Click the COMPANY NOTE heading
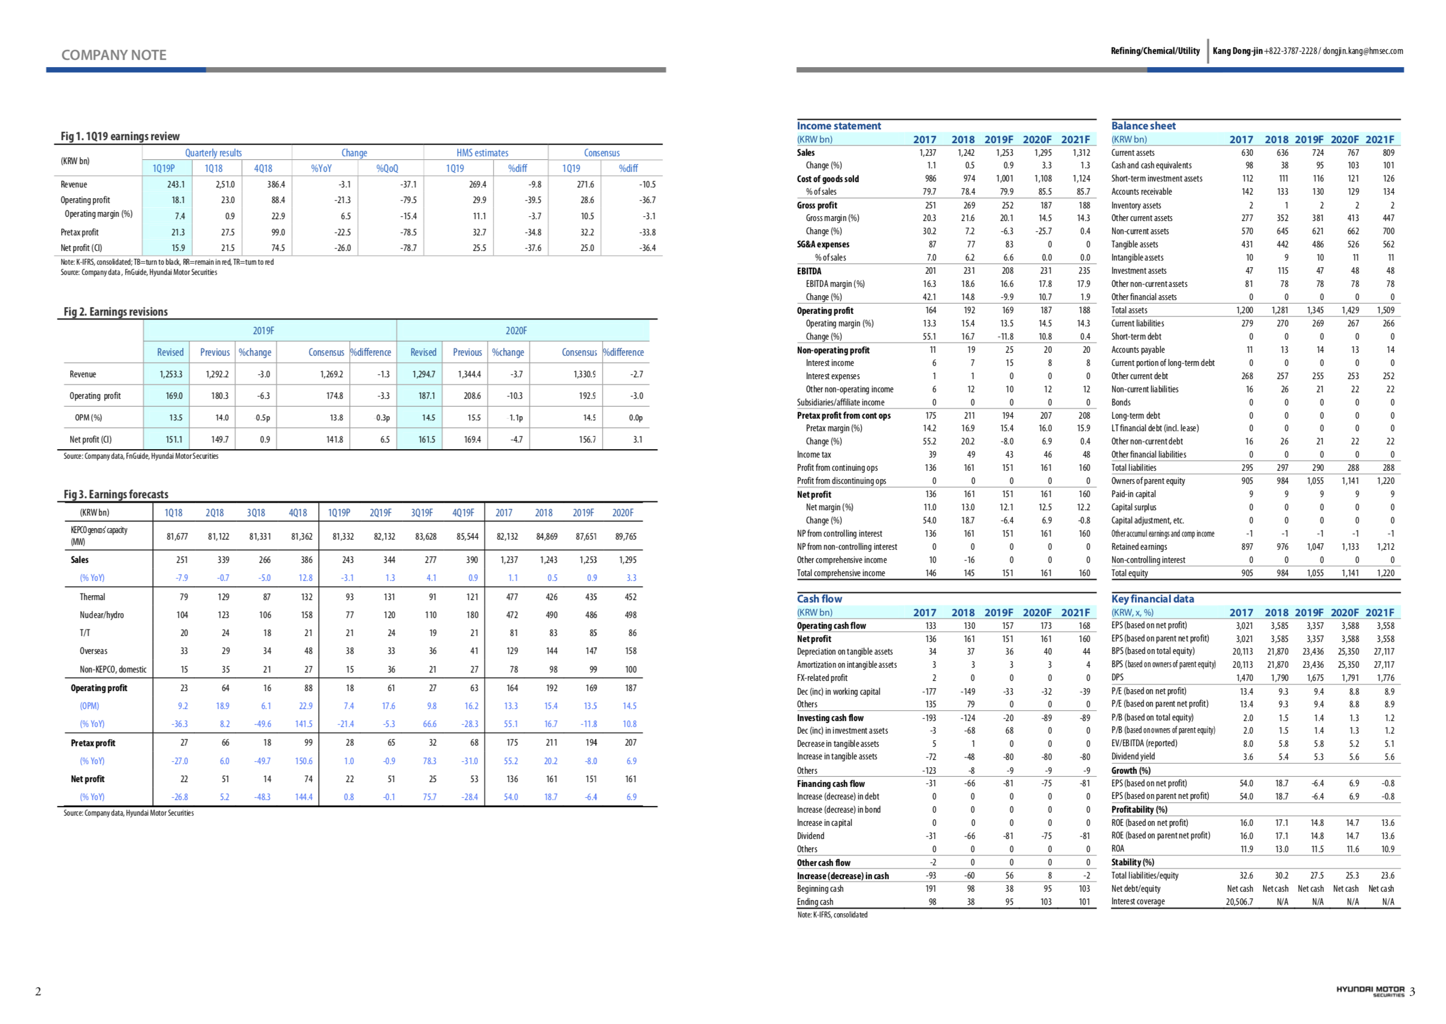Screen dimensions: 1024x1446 click(113, 55)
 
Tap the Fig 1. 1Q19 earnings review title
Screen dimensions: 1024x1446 click(120, 136)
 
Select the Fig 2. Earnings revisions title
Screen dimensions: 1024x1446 click(116, 311)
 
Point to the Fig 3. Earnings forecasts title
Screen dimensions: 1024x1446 click(116, 495)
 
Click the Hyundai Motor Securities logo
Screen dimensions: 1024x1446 click(1370, 990)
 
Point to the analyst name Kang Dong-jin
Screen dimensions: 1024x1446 click(1238, 51)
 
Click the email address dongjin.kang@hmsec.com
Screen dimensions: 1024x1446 click(1362, 51)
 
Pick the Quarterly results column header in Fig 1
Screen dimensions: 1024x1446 click(213, 153)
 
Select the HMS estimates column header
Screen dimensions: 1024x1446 click(482, 153)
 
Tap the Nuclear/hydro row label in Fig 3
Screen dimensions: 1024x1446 click(101, 615)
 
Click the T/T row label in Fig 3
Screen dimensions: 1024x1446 click(84, 633)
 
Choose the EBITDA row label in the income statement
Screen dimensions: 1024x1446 click(809, 271)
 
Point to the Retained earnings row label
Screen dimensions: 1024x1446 click(1138, 547)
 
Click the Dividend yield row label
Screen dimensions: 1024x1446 click(1133, 757)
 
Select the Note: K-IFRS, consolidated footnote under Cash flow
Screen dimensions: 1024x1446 click(832, 915)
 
